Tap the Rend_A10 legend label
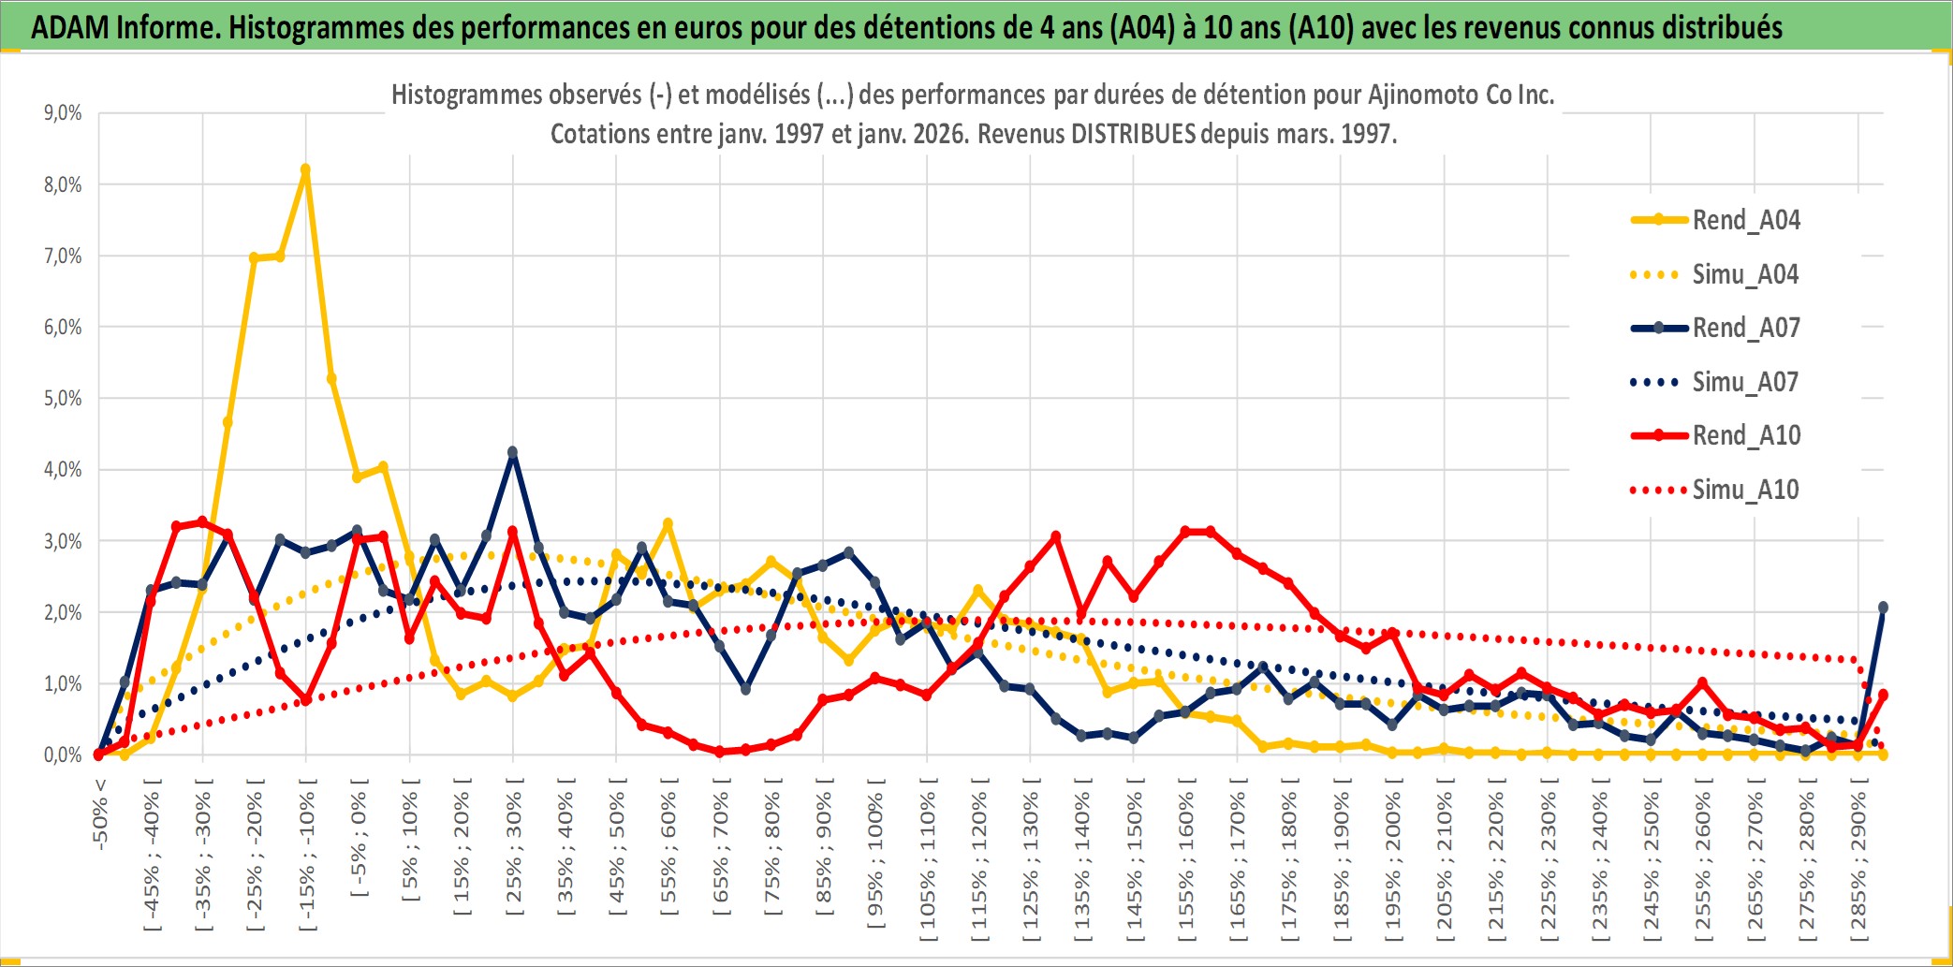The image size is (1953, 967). tap(1746, 435)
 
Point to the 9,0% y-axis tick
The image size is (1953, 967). tap(63, 113)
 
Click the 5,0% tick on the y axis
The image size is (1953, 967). tap(63, 399)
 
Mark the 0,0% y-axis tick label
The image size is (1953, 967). tap(63, 755)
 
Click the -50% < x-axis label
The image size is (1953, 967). tap(100, 813)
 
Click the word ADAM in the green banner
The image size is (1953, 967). tap(70, 28)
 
